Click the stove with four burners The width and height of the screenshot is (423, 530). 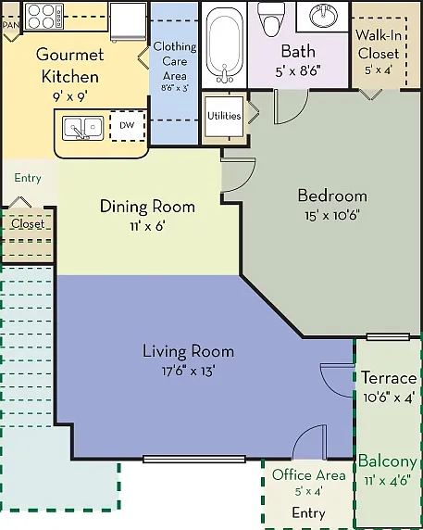tap(44, 17)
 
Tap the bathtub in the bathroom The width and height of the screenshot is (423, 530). tap(224, 45)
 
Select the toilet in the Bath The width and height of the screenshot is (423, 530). tap(271, 19)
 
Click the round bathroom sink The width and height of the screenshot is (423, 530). tap(324, 16)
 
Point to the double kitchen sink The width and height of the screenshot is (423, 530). tap(82, 128)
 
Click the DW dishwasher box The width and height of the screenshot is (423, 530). tap(128, 126)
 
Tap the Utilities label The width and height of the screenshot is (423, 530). tap(224, 116)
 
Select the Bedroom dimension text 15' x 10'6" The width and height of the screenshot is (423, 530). tap(332, 215)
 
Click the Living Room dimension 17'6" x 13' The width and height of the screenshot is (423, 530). tap(189, 372)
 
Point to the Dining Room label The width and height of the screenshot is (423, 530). tap(147, 207)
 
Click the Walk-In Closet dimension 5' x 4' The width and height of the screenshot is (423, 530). tap(378, 70)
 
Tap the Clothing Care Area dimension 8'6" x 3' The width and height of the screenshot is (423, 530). tap(175, 88)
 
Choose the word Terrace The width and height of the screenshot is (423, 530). tap(389, 377)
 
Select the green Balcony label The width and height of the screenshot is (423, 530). tap(388, 461)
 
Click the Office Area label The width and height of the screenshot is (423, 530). tap(309, 475)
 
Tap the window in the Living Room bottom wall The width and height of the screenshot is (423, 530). tap(193, 459)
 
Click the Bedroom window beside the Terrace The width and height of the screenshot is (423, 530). tap(388, 336)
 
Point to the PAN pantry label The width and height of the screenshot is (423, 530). tap(11, 25)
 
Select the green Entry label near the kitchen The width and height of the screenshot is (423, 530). tap(28, 178)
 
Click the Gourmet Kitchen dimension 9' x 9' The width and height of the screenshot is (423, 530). tap(69, 97)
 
